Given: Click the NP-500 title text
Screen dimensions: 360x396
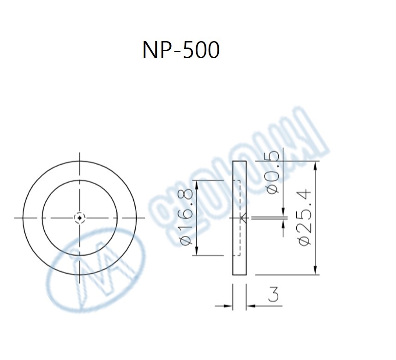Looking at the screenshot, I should pos(181,50).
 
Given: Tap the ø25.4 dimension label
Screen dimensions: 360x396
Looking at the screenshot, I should pos(306,217).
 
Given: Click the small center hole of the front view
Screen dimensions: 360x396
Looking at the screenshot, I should pos(80,217).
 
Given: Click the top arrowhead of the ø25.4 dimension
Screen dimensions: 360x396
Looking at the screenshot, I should pos(316,165).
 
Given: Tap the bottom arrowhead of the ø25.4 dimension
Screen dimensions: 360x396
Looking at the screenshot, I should pos(316,271).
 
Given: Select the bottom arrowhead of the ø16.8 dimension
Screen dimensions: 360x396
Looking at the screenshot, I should pos(197,251).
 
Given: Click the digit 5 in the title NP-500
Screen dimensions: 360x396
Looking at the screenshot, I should pos(189,50).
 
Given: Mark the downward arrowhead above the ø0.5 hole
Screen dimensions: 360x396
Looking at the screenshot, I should pos(282,211).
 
